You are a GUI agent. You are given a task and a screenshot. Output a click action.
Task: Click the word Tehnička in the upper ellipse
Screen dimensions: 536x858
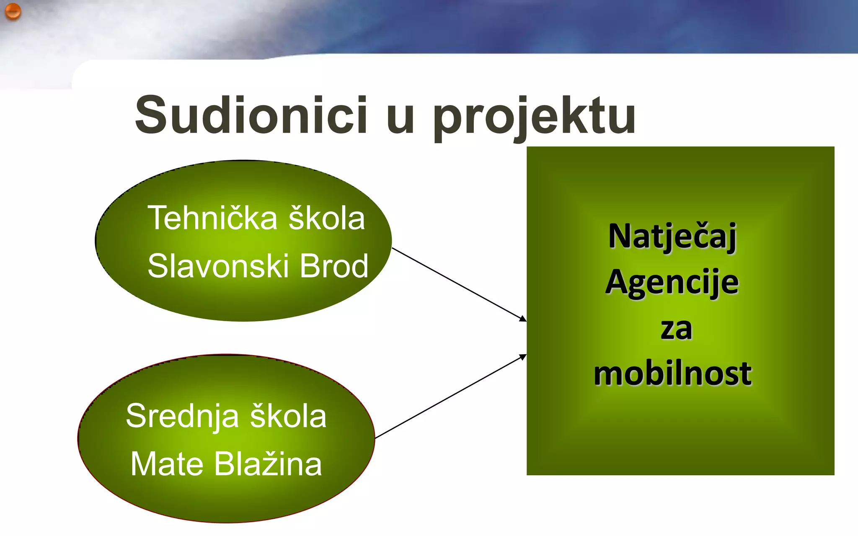tap(212, 218)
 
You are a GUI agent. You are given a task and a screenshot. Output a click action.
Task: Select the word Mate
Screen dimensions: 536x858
tap(167, 464)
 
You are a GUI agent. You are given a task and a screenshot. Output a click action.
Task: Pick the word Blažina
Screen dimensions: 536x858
tap(268, 464)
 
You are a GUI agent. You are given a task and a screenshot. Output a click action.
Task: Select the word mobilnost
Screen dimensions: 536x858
tap(673, 374)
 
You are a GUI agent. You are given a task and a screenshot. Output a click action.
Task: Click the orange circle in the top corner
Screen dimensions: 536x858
tap(13, 11)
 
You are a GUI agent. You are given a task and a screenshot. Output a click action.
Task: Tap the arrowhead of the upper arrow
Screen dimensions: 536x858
tap(523, 319)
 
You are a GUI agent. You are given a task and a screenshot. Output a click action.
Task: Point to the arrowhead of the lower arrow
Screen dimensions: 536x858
tap(523, 356)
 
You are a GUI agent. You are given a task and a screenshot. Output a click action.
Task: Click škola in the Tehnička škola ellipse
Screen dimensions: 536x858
tap(327, 218)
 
